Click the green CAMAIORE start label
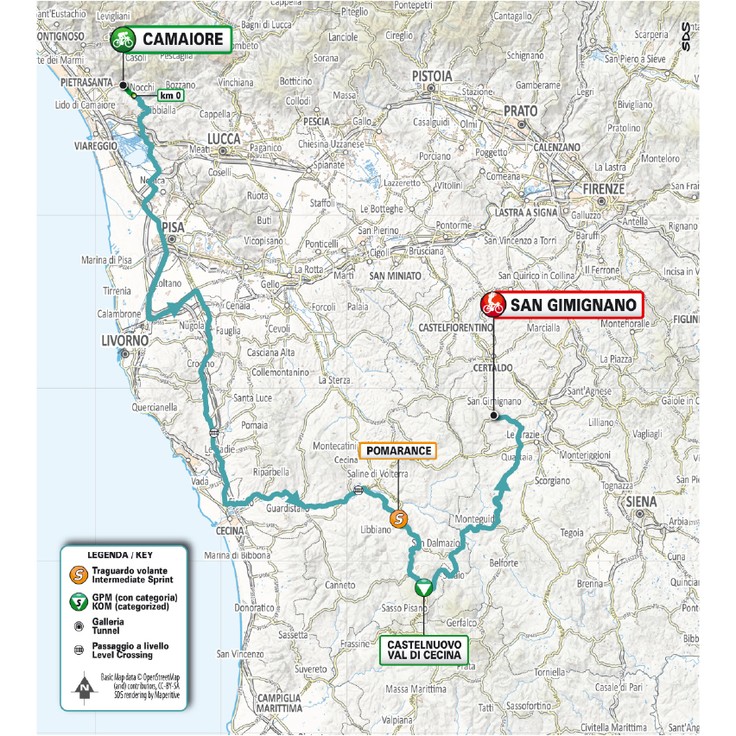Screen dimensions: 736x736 point(182,39)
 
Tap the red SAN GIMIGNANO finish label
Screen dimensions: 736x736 point(574,304)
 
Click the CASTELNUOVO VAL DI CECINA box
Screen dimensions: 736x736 point(423,650)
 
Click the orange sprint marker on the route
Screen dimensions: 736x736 point(398,518)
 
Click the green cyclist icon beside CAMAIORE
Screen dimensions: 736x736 point(123,39)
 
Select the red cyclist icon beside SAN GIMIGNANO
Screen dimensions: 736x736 point(493,304)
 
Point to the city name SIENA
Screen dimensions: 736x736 point(641,501)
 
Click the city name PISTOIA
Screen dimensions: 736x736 point(431,76)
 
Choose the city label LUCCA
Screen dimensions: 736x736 point(222,138)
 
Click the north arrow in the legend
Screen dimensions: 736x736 point(84,688)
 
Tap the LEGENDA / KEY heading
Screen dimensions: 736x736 point(124,554)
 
